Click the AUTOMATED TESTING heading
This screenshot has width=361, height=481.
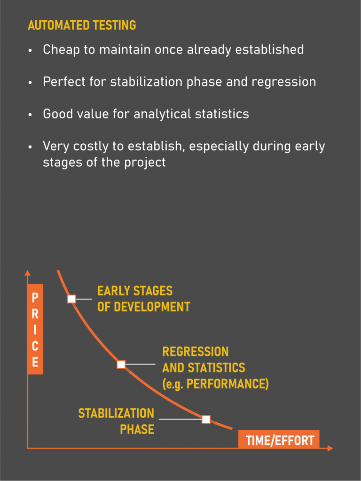point(82,25)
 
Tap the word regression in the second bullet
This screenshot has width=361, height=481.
point(283,82)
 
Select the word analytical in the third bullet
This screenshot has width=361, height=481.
point(162,114)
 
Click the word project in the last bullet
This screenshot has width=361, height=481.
point(145,162)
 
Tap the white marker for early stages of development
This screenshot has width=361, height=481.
point(71,299)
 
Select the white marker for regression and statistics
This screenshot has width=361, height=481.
point(121,364)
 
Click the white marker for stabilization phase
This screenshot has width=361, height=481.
point(206,419)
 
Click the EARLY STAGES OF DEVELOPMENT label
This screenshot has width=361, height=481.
point(144,299)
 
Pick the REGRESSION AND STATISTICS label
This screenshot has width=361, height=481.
point(215,367)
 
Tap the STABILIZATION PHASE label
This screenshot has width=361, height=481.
point(116,421)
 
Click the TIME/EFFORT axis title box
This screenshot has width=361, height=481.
point(279,439)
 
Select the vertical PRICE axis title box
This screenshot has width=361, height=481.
point(35,329)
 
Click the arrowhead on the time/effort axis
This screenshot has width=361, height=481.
point(330,448)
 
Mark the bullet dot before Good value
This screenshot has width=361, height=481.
point(30,115)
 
